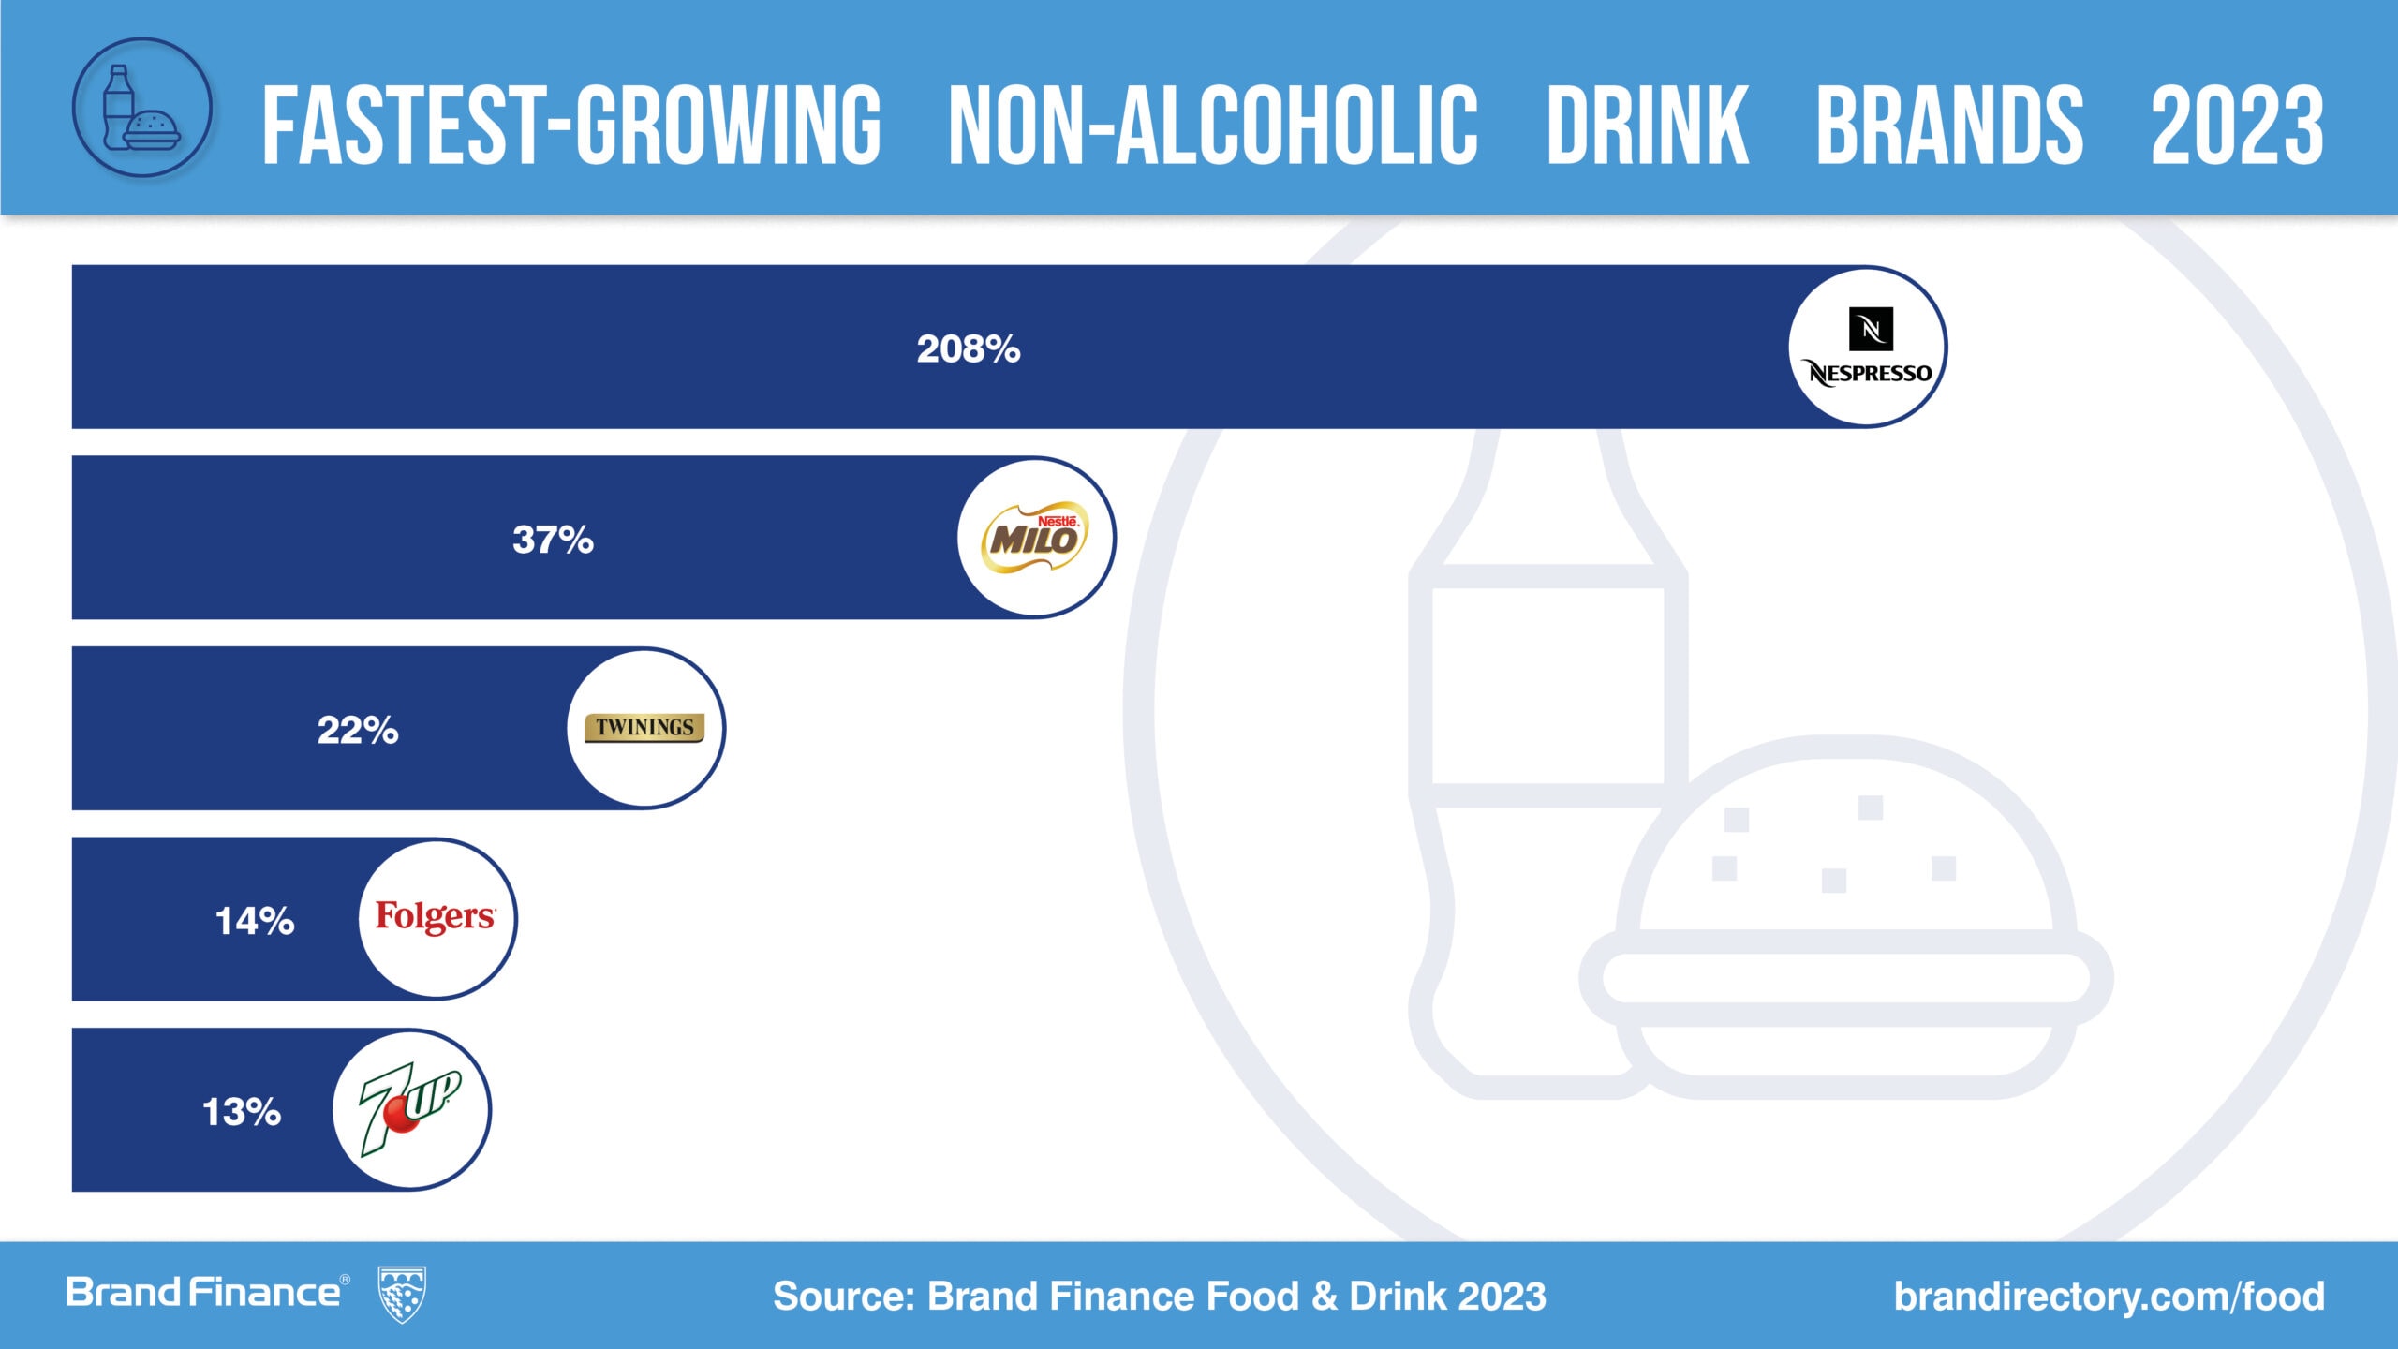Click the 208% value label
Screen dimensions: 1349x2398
(968, 348)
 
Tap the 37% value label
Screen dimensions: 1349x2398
(553, 540)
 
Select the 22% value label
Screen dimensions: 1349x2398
(358, 730)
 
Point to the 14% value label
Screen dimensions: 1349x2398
(255, 921)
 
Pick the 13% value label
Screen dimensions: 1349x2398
(242, 1112)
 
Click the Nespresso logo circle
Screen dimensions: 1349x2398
(1868, 348)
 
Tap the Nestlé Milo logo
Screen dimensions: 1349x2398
(1035, 538)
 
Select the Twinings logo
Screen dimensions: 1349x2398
(644, 728)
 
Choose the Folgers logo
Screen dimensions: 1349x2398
(436, 917)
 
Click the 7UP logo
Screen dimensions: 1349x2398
(410, 1109)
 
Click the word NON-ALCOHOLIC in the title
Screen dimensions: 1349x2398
(1213, 126)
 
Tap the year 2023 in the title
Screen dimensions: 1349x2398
(2237, 126)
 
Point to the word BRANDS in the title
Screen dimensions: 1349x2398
(1949, 126)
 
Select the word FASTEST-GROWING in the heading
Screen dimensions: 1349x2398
(571, 126)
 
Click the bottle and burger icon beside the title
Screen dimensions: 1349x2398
(142, 108)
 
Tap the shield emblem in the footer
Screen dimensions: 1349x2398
(401, 1295)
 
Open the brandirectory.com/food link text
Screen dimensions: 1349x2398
(2109, 1297)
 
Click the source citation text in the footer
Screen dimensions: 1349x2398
(1159, 1297)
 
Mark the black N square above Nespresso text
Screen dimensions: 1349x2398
(1871, 329)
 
